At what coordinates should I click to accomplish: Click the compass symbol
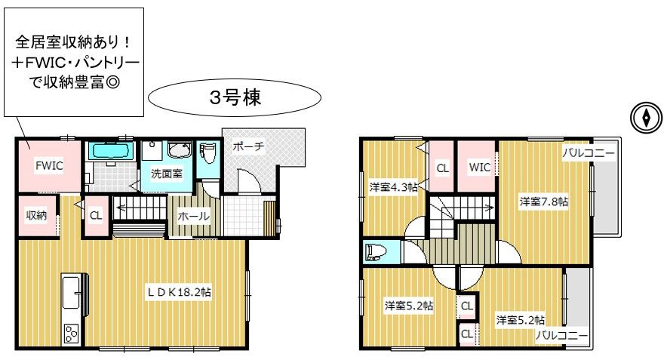[x=646, y=118]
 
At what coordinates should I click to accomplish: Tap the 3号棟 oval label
[x=235, y=98]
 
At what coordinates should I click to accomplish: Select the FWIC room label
[x=49, y=165]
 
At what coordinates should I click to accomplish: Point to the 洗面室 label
[x=167, y=174]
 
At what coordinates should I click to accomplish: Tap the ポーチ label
[x=249, y=147]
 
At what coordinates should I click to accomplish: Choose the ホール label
[x=193, y=216]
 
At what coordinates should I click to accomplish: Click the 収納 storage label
[x=36, y=215]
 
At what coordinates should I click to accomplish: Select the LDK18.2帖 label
[x=179, y=292]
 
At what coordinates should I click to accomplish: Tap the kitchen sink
[x=71, y=292]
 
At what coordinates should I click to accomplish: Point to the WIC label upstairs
[x=479, y=168]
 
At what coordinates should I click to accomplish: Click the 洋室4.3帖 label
[x=393, y=186]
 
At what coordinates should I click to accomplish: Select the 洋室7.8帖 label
[x=544, y=202]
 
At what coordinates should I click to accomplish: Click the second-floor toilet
[x=376, y=251]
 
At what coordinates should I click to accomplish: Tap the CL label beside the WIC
[x=442, y=168]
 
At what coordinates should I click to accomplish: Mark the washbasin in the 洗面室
[x=180, y=150]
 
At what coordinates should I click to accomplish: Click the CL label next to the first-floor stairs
[x=96, y=215]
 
